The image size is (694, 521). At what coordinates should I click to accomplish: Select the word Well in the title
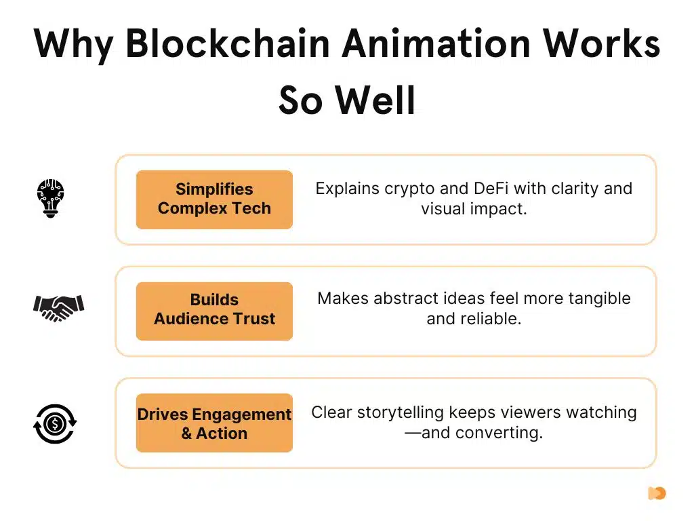click(377, 100)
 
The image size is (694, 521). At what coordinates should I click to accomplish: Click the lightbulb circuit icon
click(50, 197)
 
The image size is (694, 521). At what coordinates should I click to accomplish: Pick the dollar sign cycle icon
click(55, 424)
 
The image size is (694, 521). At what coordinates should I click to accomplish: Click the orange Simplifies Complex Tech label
click(214, 199)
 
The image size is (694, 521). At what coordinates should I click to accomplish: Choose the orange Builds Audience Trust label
click(214, 310)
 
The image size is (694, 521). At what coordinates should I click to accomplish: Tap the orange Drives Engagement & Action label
click(214, 423)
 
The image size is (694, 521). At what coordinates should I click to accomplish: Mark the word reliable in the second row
click(492, 318)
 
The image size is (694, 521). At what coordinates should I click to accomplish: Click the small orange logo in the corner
click(656, 493)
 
